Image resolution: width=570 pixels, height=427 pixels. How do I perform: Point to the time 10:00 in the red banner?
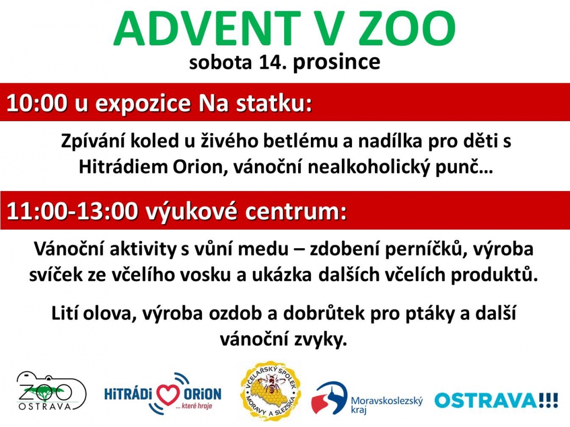(x=37, y=104)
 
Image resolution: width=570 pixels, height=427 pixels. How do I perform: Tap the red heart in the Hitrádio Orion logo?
(x=168, y=394)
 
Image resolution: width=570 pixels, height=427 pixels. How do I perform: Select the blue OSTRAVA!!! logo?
(x=496, y=400)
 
